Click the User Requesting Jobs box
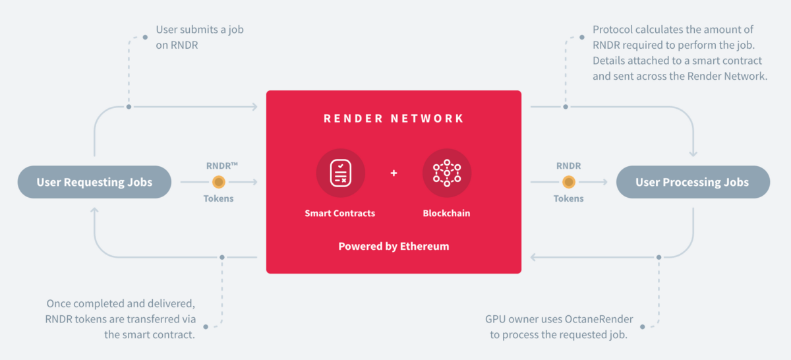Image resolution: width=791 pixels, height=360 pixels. tap(94, 182)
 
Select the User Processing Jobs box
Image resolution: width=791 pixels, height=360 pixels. tap(692, 182)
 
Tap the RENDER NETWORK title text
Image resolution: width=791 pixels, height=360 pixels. tap(394, 119)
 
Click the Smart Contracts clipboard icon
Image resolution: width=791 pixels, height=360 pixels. tap(340, 173)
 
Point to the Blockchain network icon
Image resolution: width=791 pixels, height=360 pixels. tap(446, 173)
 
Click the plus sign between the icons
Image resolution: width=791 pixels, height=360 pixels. tap(394, 173)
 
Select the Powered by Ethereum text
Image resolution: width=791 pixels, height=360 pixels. tap(394, 246)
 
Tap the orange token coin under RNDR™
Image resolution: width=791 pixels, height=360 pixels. tap(218, 182)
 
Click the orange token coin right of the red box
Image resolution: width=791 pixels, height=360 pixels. tap(568, 182)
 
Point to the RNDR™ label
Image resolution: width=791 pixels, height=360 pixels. tap(218, 166)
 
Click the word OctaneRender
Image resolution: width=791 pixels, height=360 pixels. tap(599, 320)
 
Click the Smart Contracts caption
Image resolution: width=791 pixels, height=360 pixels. tap(340, 214)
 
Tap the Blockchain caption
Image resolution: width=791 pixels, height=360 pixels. tap(446, 214)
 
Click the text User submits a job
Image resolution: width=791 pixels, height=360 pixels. tap(200, 30)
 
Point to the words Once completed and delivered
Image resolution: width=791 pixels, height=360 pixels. tap(121, 304)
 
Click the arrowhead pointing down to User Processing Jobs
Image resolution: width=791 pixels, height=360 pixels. tap(693, 154)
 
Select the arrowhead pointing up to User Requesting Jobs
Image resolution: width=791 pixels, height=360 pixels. tap(94, 210)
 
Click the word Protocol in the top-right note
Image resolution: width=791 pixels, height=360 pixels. tap(612, 30)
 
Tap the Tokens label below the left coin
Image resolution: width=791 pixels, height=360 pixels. tap(218, 198)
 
